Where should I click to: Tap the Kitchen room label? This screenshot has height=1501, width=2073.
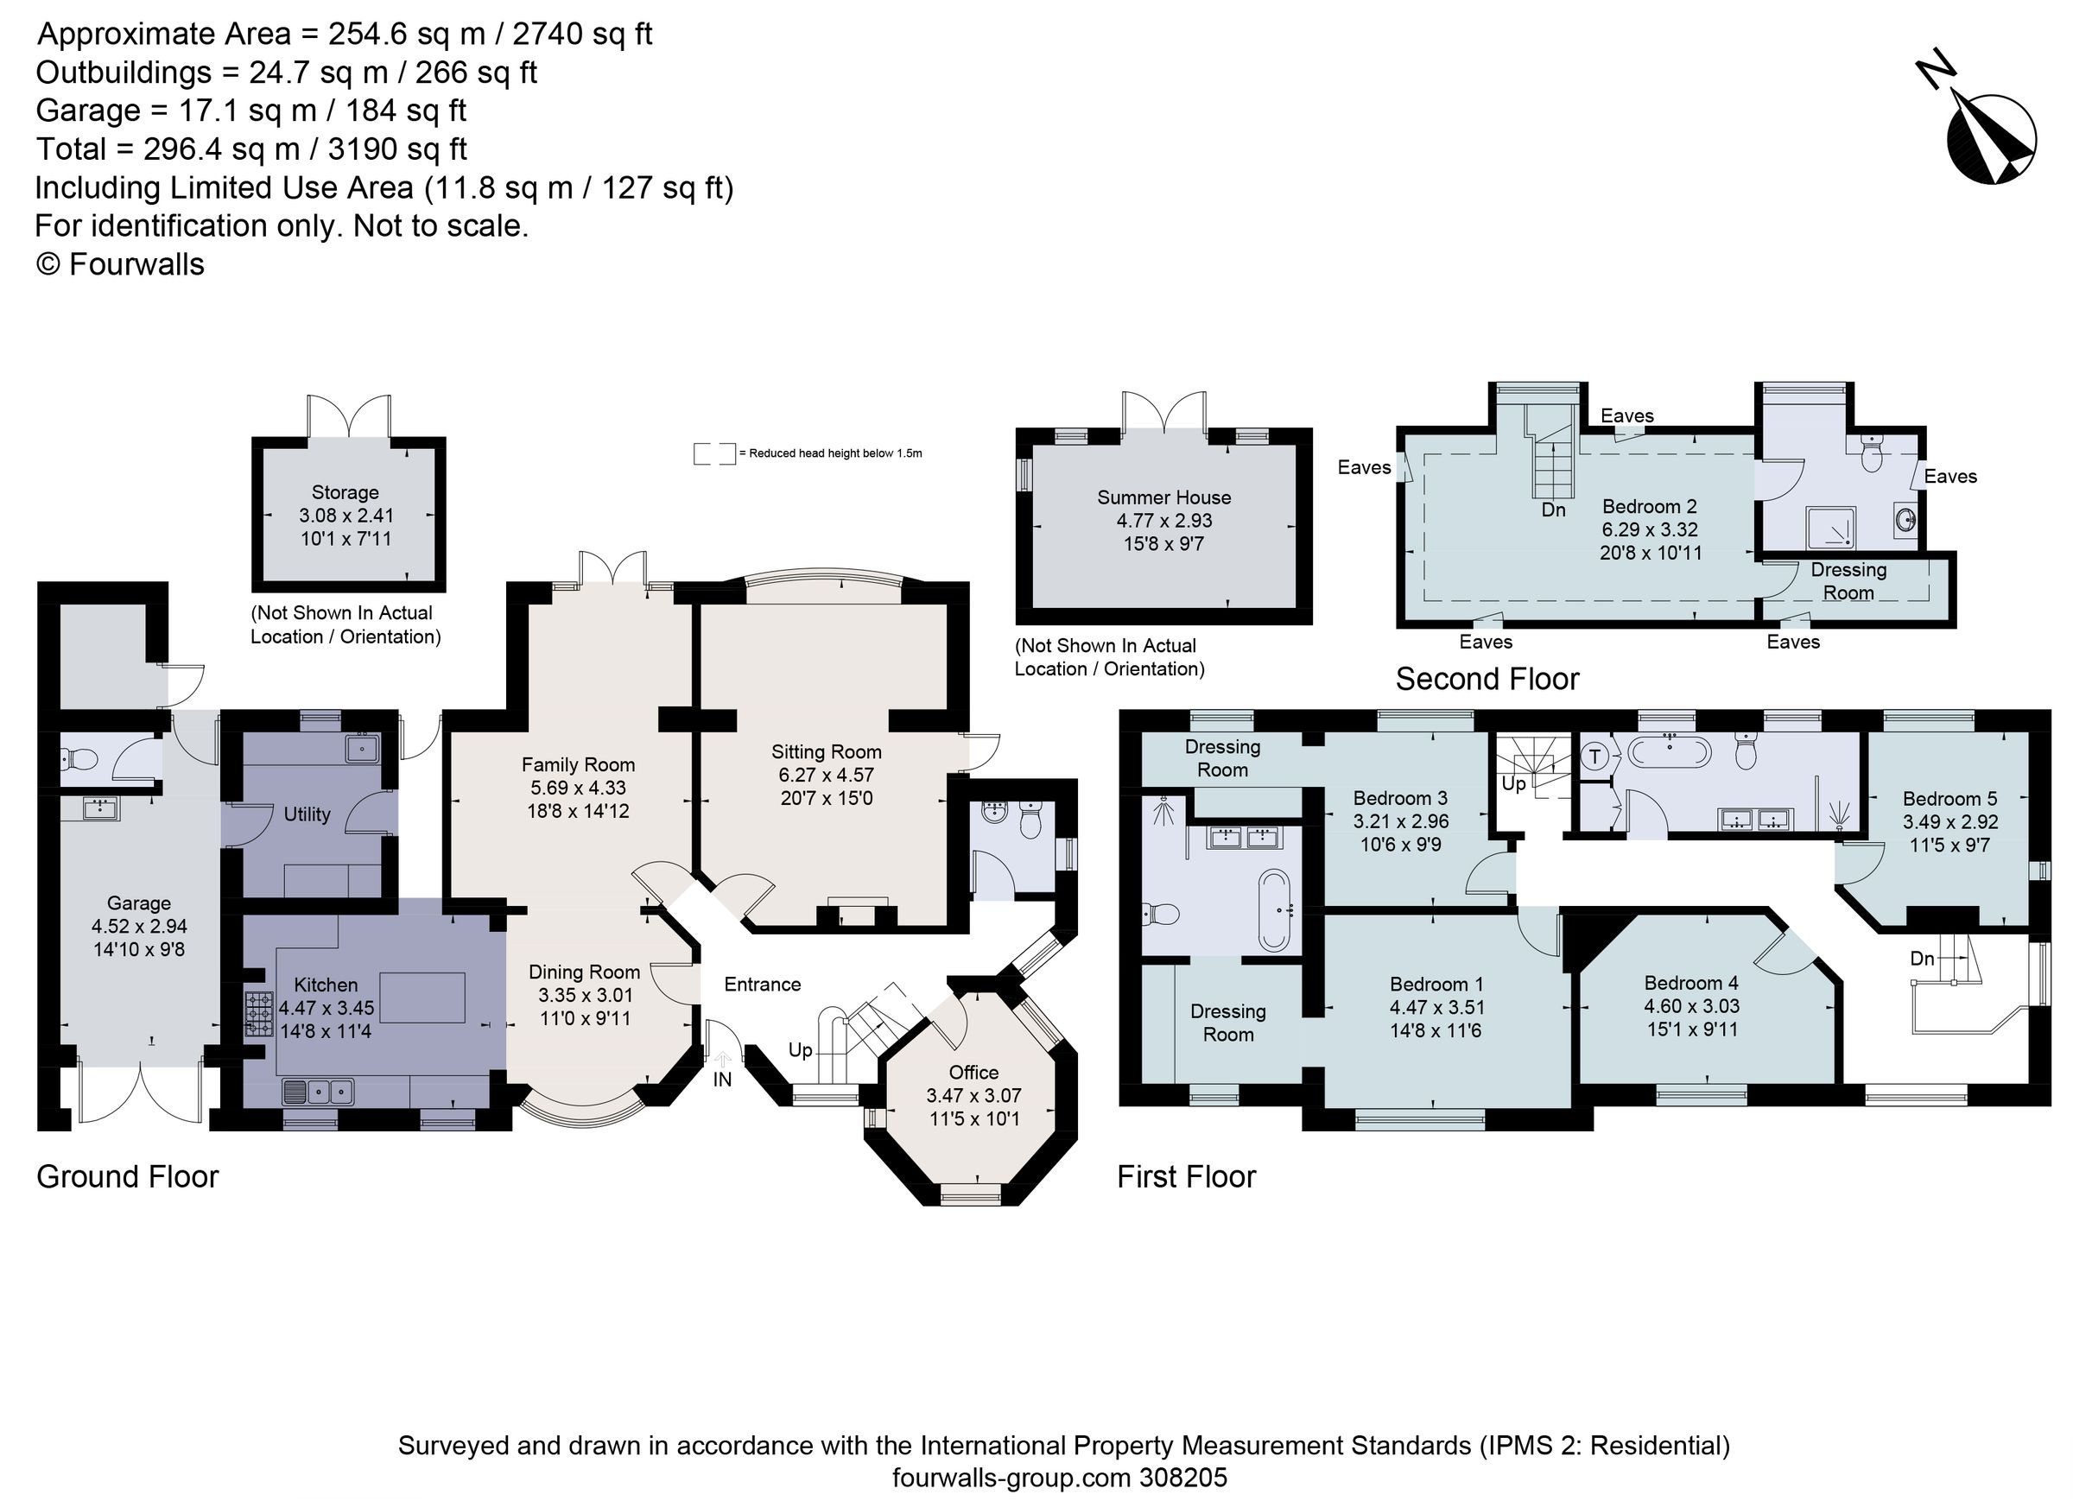pos(326,985)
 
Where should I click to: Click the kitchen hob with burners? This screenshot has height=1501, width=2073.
pos(258,1014)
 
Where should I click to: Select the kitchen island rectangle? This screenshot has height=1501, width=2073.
pos(422,997)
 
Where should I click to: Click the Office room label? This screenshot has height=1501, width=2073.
pos(973,1072)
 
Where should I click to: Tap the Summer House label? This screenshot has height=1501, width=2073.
pos(1163,497)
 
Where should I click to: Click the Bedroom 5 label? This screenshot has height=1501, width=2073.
pos(1949,798)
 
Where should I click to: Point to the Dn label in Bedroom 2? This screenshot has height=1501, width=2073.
pos(1553,510)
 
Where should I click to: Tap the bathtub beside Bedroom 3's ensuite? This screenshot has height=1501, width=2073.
pos(1273,909)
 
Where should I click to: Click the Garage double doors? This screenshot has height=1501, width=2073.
pos(140,1093)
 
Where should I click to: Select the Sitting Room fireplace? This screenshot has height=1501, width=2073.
pos(859,910)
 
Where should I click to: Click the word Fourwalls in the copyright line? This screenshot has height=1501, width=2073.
pos(136,264)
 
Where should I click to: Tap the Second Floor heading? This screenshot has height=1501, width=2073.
pos(1487,679)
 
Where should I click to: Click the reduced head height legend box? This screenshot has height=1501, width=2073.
pos(713,453)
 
